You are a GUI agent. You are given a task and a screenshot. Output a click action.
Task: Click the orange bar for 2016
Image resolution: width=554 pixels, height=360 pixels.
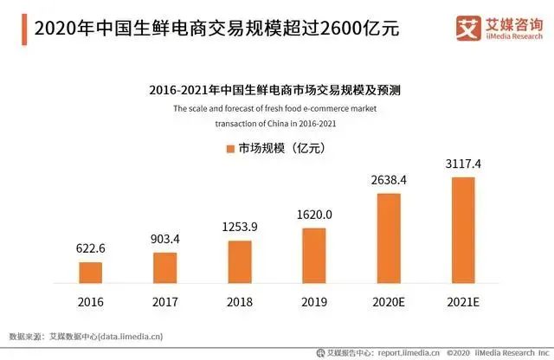pyautogui.click(x=90, y=273)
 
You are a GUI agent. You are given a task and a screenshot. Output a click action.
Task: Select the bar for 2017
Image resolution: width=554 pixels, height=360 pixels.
pyautogui.click(x=164, y=267)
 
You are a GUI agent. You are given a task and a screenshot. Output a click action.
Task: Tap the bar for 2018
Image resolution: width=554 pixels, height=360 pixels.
pyautogui.click(x=240, y=261)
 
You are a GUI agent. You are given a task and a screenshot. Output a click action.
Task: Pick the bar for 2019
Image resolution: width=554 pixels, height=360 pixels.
pyautogui.click(x=314, y=255)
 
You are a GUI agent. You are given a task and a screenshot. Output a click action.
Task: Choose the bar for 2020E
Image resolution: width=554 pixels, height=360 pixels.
pyautogui.click(x=389, y=238)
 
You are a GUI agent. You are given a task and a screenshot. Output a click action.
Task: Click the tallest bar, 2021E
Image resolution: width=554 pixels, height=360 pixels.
pyautogui.click(x=464, y=229)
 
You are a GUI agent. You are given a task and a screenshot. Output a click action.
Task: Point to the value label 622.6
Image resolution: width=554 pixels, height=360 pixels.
pyautogui.click(x=90, y=249)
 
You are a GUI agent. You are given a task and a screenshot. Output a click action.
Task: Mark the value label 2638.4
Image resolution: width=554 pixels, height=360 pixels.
pyautogui.click(x=389, y=180)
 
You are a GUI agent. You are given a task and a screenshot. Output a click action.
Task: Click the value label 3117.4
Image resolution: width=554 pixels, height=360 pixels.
pyautogui.click(x=464, y=164)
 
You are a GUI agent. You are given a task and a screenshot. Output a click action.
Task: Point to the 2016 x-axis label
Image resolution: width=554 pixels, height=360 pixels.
pyautogui.click(x=90, y=304)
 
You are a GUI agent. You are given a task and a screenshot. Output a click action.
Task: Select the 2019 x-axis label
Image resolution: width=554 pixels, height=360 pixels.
pyautogui.click(x=314, y=304)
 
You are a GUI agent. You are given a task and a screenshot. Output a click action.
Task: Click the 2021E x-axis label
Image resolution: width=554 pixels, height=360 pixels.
pyautogui.click(x=464, y=304)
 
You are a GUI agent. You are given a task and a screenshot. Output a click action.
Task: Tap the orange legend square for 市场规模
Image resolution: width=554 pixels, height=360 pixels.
pyautogui.click(x=231, y=149)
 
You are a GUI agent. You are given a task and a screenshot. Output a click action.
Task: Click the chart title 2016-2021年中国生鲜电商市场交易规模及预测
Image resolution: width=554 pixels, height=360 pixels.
pyautogui.click(x=275, y=88)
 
